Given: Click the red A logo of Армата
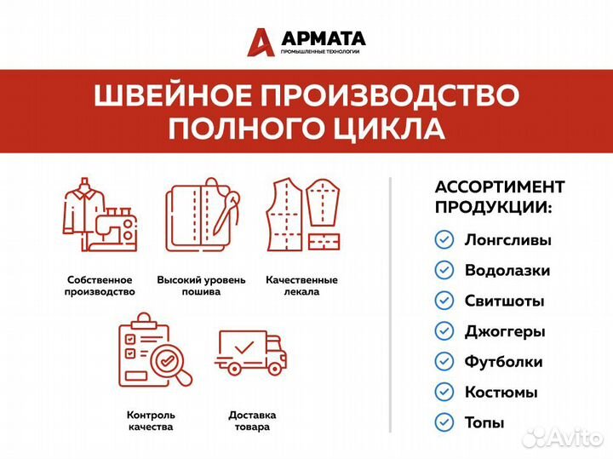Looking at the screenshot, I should [x=261, y=42].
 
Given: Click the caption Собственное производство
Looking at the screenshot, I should [x=100, y=285].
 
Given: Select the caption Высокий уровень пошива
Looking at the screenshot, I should [x=201, y=285].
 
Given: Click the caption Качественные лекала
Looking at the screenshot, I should [x=301, y=285].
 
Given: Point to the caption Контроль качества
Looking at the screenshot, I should [x=151, y=421].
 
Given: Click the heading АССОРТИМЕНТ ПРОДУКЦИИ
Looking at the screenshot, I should [x=499, y=197].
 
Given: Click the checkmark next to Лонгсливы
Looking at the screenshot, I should [x=444, y=239].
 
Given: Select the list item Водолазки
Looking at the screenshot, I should [x=507, y=270].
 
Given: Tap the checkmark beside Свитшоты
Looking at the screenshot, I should [x=444, y=301].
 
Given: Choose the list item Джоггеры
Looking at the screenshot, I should [x=504, y=331].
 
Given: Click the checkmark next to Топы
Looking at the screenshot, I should [x=444, y=422].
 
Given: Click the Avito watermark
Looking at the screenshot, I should [x=563, y=438].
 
